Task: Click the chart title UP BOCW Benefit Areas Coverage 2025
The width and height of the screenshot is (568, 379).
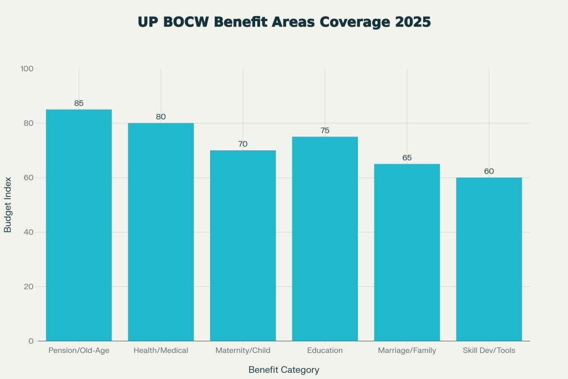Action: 284,22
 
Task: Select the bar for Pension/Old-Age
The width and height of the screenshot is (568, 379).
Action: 79,225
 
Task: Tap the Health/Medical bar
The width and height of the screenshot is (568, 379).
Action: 161,232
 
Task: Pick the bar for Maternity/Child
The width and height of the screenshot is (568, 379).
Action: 243,245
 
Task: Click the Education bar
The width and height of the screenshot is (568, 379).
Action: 325,239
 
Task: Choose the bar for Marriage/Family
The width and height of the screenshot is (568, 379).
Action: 407,252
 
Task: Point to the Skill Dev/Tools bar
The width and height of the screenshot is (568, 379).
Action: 489,259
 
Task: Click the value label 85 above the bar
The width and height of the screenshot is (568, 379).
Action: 79,103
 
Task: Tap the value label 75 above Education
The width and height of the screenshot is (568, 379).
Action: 325,130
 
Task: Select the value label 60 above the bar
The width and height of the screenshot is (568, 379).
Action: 489,171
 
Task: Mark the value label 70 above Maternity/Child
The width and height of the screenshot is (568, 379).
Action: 243,144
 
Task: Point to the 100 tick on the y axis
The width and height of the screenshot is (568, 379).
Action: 27,69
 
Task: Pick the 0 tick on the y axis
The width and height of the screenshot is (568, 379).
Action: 31,341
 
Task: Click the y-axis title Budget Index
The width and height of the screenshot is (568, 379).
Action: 8,205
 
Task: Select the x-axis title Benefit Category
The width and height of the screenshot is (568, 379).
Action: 284,370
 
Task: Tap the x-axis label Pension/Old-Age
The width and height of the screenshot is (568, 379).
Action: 79,351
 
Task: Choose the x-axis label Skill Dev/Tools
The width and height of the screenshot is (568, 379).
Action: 489,351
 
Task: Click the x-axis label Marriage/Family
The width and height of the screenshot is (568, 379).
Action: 407,351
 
